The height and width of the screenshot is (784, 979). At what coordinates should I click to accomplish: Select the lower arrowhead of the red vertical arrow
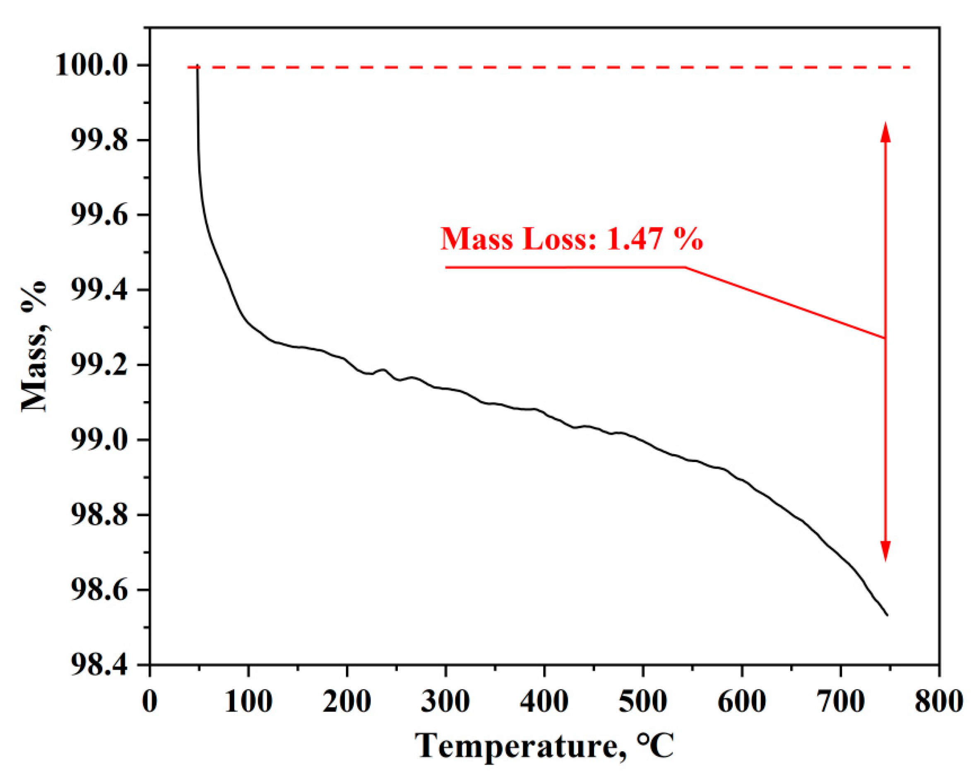click(x=885, y=553)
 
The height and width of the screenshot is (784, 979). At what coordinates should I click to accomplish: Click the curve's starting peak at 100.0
click(x=197, y=66)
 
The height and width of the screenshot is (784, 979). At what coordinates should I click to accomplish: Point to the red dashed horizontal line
click(x=545, y=67)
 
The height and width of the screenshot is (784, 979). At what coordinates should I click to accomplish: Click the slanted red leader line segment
click(x=786, y=302)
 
